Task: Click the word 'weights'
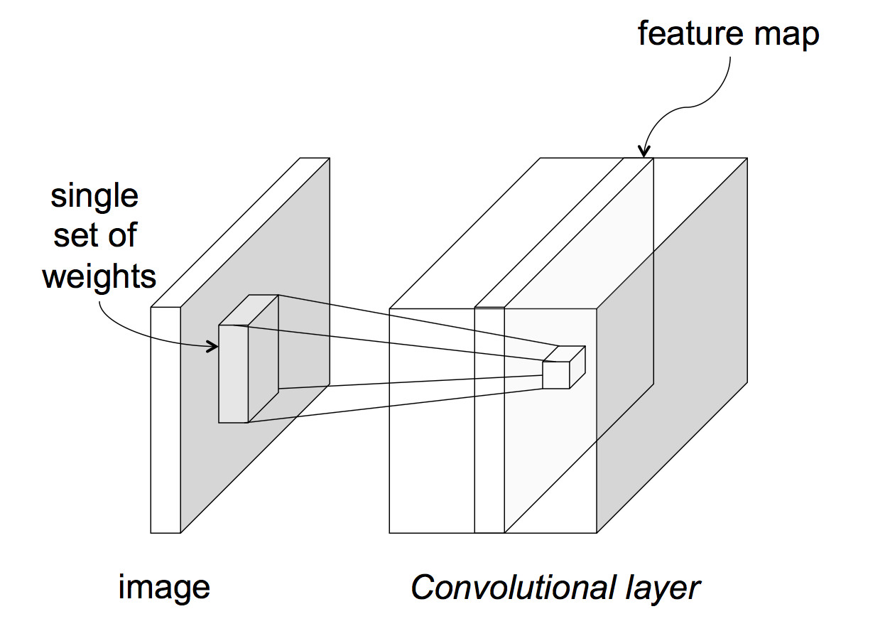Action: pos(99,276)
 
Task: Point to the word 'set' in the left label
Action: pos(73,235)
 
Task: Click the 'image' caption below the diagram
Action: pos(165,588)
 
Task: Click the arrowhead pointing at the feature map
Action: pos(644,151)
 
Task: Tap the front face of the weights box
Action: pos(233,374)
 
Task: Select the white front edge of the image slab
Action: pos(165,419)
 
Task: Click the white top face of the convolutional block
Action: pos(497,234)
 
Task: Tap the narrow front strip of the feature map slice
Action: pos(489,419)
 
